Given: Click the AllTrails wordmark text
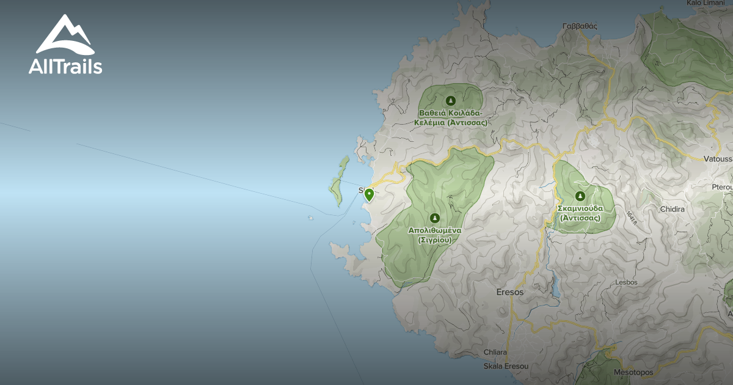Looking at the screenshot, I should tap(65, 67).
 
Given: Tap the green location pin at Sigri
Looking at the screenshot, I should tap(369, 194).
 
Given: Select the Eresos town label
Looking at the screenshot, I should tap(510, 292).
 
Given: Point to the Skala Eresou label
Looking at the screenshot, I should tap(505, 366).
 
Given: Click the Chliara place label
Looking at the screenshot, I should tap(495, 352).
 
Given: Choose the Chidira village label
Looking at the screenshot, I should tap(672, 209).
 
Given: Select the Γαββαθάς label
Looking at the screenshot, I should tap(580, 26).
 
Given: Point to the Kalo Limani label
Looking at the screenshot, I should tap(702, 3).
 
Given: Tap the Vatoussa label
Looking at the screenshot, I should tap(717, 159).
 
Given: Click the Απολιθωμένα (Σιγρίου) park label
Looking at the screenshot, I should tap(435, 235).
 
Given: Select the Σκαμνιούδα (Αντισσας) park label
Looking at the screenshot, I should tap(580, 213).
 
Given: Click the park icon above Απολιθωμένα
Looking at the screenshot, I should tap(434, 218).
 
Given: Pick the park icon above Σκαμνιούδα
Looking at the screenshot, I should tap(580, 196).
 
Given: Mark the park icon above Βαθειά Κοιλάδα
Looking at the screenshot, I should tap(451, 100).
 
